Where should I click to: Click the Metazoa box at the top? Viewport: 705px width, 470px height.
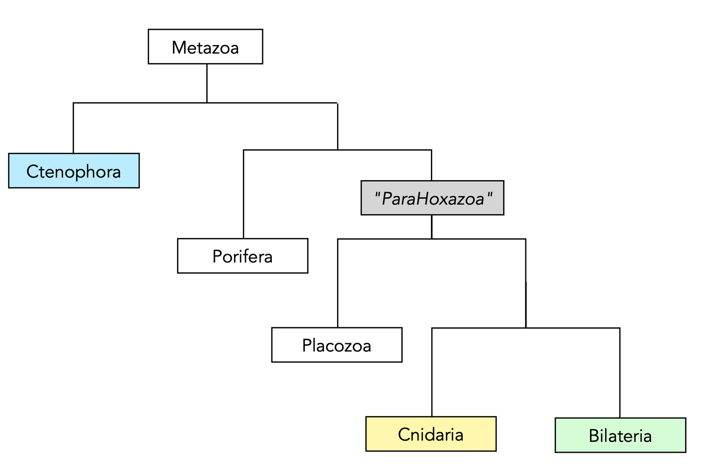tap(205, 47)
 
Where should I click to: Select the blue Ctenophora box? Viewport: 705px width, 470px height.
tap(74, 171)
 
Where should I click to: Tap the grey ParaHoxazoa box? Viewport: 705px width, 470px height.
tap(432, 198)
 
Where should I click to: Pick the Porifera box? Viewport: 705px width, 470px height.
tap(242, 256)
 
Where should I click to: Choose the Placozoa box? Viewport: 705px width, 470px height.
tap(337, 345)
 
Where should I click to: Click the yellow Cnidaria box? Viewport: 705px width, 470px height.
tap(431, 434)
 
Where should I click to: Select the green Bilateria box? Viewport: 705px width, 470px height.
tap(620, 435)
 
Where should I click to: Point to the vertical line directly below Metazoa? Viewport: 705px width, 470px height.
tap(207, 83)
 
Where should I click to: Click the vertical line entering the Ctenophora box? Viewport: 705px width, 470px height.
tap(73, 128)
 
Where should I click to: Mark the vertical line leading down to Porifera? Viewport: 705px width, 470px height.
tap(244, 194)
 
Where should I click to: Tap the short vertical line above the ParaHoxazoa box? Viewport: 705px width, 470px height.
tap(431, 165)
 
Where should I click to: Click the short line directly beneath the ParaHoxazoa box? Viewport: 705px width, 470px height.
tap(432, 227)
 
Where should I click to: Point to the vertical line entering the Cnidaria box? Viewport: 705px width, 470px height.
tap(432, 372)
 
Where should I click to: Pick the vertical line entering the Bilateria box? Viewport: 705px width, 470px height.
tap(620, 373)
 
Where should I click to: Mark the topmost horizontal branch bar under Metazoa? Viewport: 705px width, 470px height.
tap(205, 103)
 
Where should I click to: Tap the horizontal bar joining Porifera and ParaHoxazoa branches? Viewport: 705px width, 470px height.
tap(338, 150)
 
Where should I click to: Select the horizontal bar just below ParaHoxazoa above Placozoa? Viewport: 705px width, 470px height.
tap(432, 239)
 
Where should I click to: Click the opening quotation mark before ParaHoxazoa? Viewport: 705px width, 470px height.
tap(377, 195)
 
